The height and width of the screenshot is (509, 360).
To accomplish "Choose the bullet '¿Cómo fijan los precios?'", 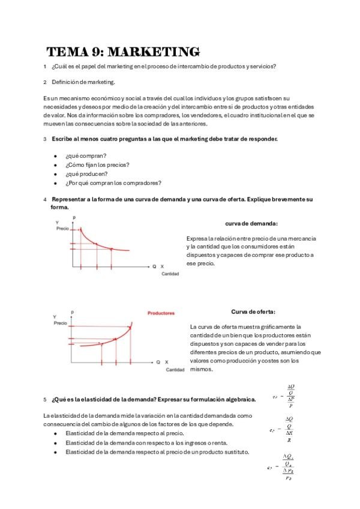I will pyautogui.click(x=97, y=164).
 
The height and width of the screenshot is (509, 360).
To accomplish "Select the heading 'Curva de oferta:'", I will pyautogui.click(x=253, y=312).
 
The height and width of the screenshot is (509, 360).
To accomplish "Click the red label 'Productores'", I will pyautogui.click(x=161, y=313).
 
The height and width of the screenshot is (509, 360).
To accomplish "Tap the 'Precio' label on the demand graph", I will pyautogui.click(x=62, y=229).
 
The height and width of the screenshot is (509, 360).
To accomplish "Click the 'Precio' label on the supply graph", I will pyautogui.click(x=61, y=323).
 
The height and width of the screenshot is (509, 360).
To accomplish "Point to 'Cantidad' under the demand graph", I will pyautogui.click(x=170, y=274).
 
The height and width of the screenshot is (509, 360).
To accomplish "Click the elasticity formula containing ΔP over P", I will pyautogui.click(x=289, y=396).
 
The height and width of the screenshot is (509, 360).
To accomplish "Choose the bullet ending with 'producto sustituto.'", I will pyautogui.click(x=157, y=452).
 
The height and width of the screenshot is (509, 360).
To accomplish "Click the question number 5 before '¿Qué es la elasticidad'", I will pyautogui.click(x=45, y=399).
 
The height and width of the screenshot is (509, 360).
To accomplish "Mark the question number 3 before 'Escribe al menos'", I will pyautogui.click(x=45, y=139).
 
